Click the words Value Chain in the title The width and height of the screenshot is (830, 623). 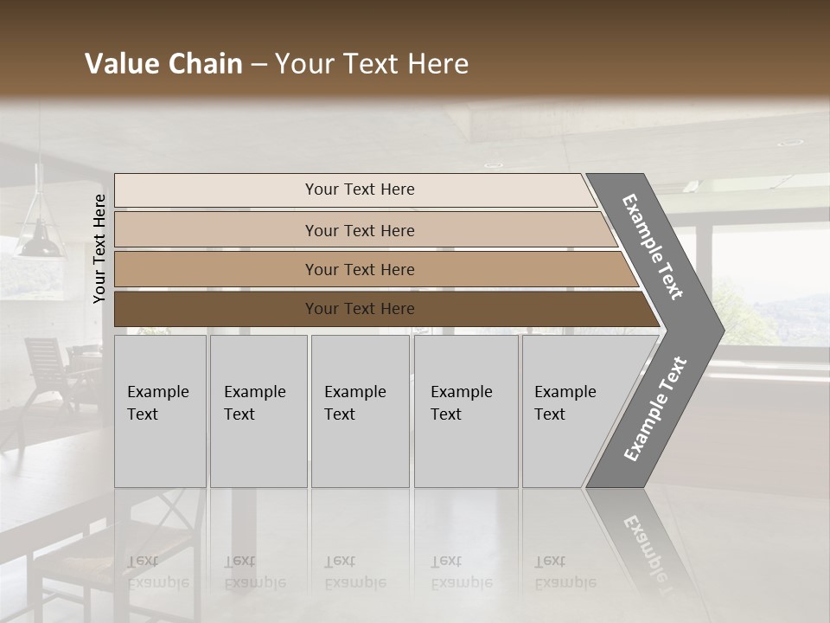[163, 64]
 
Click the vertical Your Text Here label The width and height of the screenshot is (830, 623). [99, 248]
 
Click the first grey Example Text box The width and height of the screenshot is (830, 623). [160, 411]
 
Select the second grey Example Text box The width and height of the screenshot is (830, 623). [258, 411]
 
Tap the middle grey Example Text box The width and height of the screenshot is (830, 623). [360, 411]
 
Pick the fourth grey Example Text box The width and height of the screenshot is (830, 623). [465, 411]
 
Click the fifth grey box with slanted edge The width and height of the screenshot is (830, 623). [571, 411]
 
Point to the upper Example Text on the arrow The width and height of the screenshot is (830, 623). [653, 247]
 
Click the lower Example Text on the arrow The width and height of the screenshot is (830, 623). [654, 409]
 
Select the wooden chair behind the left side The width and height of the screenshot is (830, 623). [48, 368]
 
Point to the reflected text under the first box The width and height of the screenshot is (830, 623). [157, 571]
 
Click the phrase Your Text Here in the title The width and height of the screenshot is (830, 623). [372, 64]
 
